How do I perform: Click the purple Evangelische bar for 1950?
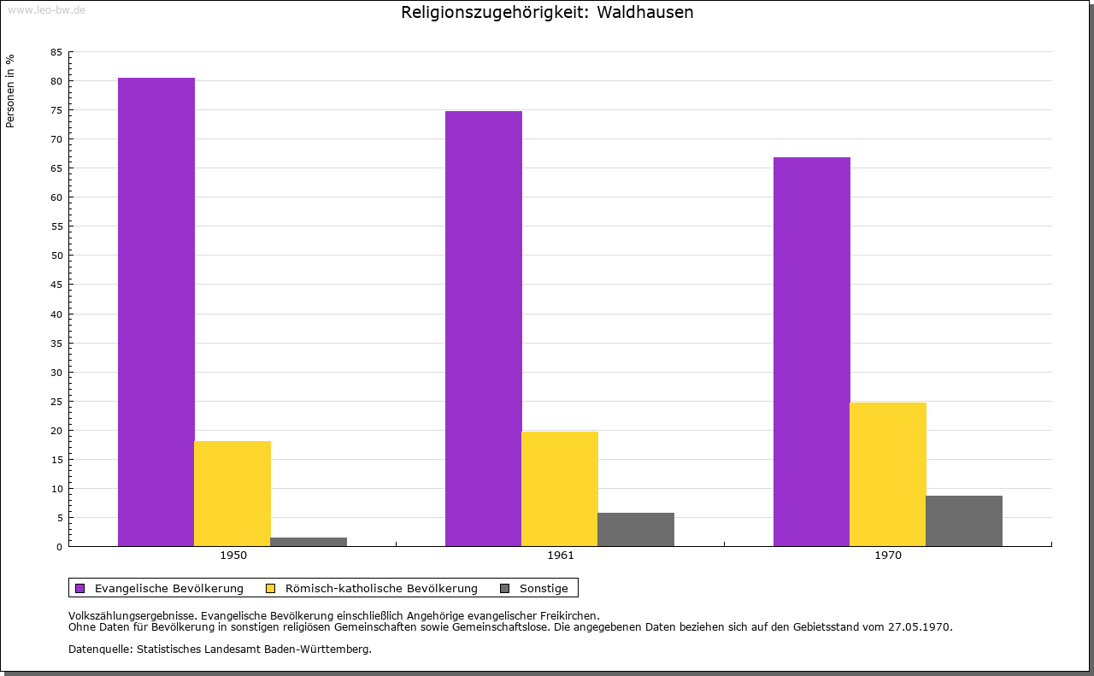(x=156, y=312)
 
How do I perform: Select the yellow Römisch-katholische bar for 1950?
(x=232, y=493)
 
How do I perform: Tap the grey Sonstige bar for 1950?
(x=309, y=542)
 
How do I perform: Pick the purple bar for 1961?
(x=484, y=328)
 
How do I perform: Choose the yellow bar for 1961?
(x=560, y=489)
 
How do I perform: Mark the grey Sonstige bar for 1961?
(x=636, y=529)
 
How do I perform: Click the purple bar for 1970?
(x=812, y=351)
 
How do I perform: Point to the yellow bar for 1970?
(x=888, y=474)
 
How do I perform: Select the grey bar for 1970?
(x=964, y=520)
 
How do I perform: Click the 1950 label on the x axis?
(x=233, y=555)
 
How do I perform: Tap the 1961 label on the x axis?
(x=561, y=555)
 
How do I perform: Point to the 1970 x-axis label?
(x=888, y=555)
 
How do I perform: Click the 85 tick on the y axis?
(x=56, y=52)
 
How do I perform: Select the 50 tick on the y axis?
(x=56, y=256)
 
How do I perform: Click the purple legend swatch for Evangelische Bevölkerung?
(x=80, y=588)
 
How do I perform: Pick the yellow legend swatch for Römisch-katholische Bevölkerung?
(x=271, y=588)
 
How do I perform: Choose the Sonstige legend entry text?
(x=544, y=588)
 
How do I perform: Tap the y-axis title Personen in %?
(x=10, y=91)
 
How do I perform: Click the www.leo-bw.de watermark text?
(x=46, y=9)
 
